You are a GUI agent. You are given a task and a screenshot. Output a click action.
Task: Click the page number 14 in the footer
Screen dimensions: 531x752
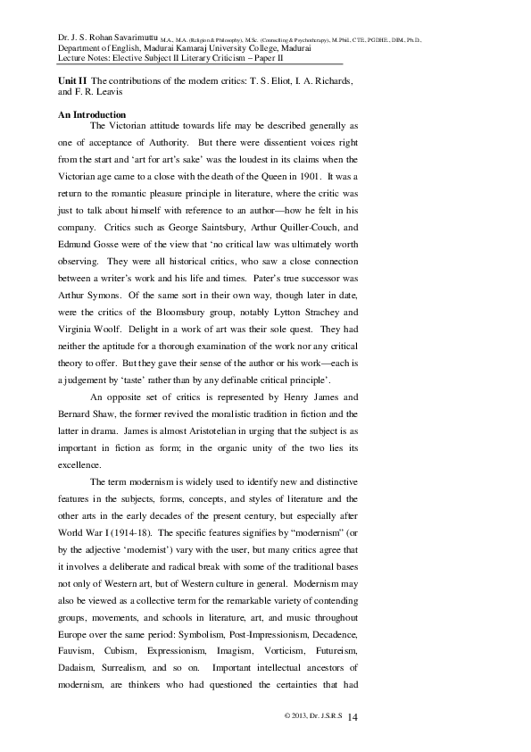[x=351, y=717]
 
